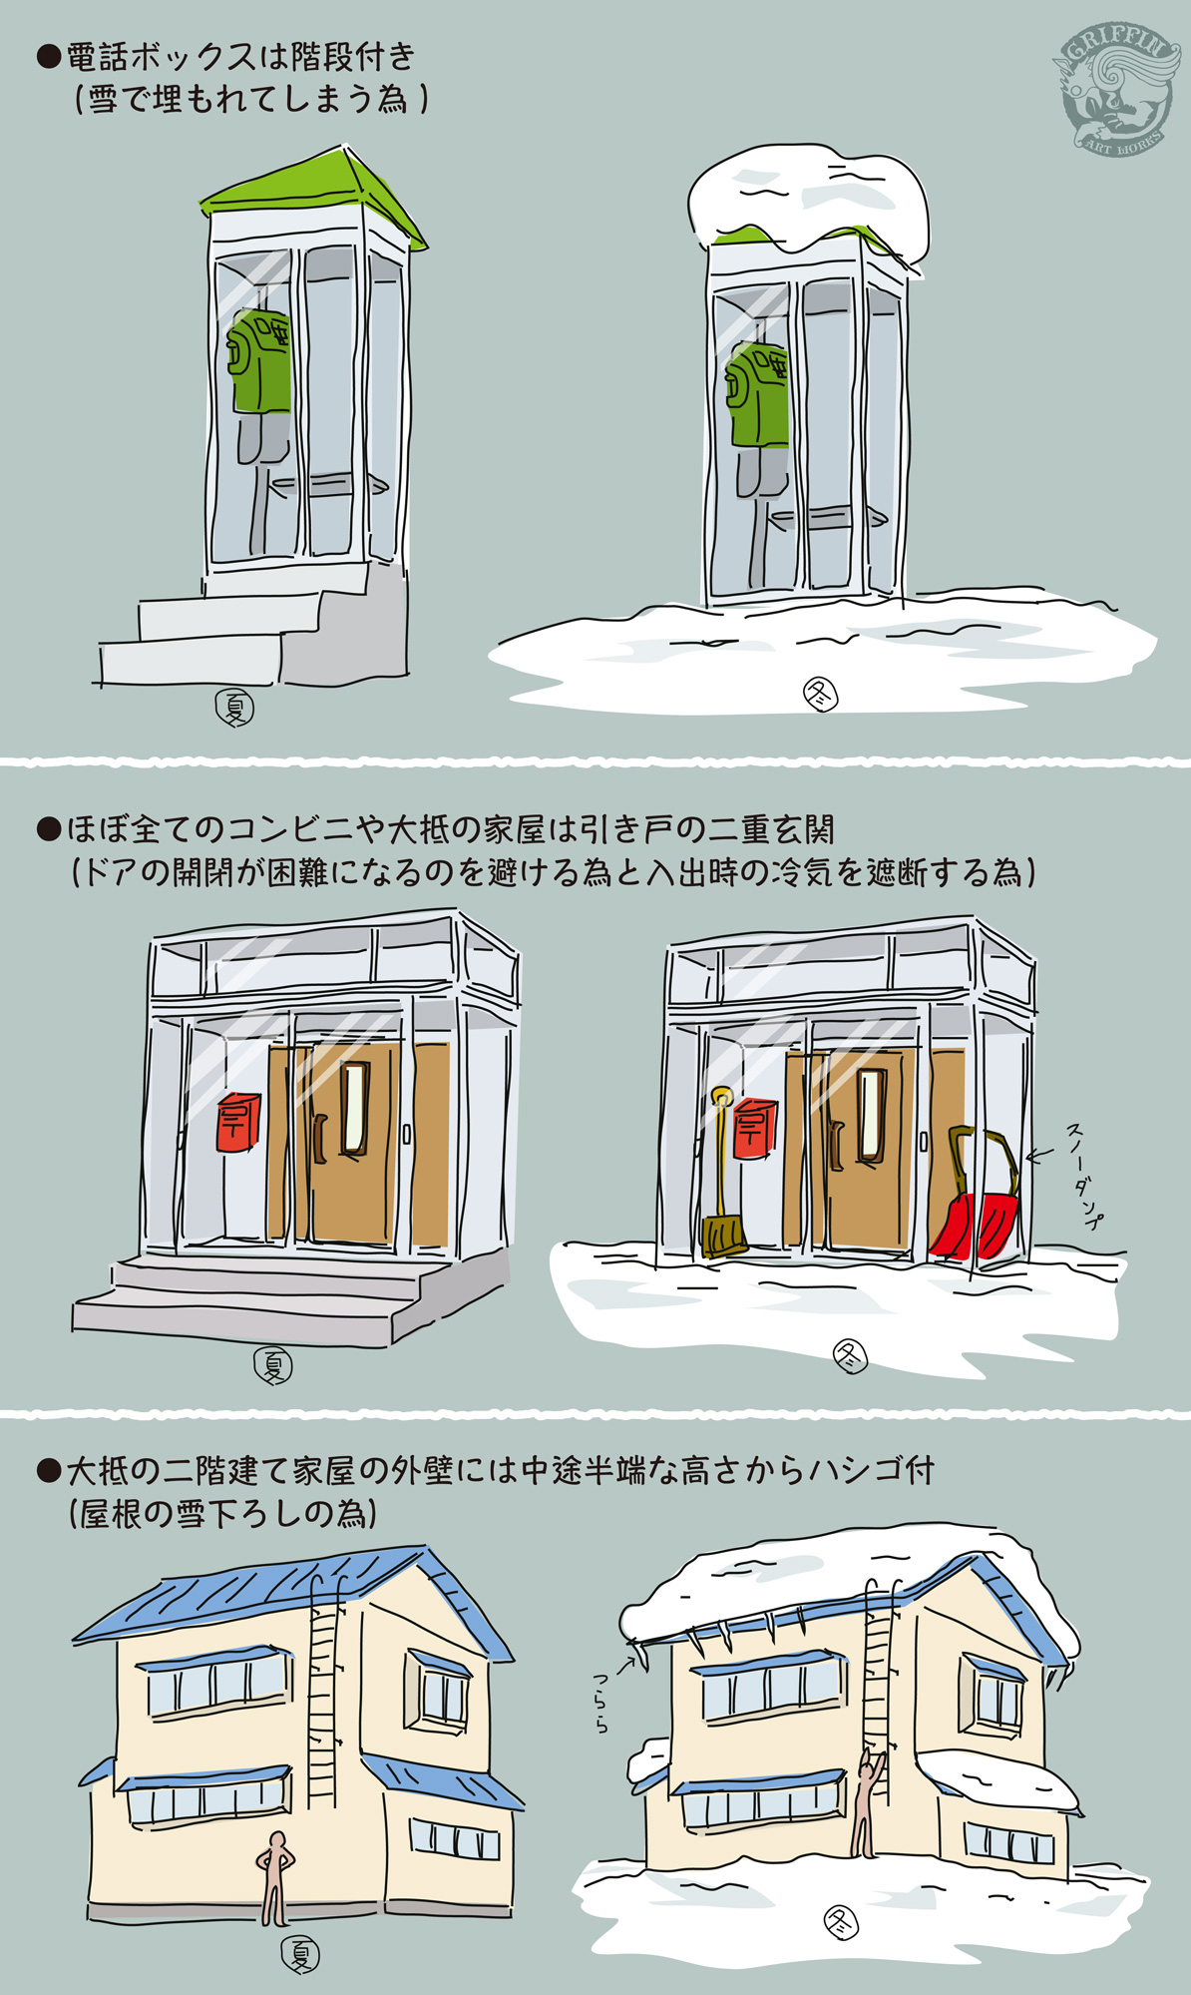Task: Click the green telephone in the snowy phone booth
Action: [x=761, y=395]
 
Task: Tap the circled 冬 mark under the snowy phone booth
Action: [x=820, y=695]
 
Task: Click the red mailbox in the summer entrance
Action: [x=239, y=1122]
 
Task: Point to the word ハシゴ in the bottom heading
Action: [x=861, y=1470]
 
